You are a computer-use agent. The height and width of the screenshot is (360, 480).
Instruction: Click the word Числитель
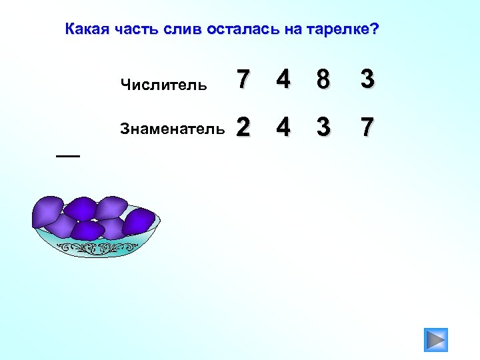[164, 85]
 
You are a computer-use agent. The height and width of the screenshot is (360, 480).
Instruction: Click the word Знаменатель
[172, 128]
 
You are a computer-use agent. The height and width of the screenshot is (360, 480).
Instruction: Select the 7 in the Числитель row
[244, 81]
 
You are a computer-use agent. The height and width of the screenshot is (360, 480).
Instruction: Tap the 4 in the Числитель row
[283, 81]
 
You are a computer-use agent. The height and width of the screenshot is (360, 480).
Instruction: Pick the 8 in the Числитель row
[323, 81]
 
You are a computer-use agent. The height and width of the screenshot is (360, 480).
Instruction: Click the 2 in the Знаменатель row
[244, 126]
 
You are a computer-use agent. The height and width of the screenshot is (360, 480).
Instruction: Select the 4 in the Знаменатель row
[283, 126]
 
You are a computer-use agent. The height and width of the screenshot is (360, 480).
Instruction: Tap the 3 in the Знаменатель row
[323, 126]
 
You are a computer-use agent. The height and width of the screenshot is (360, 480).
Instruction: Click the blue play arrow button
[436, 340]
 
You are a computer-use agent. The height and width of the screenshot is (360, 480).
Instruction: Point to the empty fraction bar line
[67, 155]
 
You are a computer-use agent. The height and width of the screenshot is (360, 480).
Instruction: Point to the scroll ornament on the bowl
[96, 250]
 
